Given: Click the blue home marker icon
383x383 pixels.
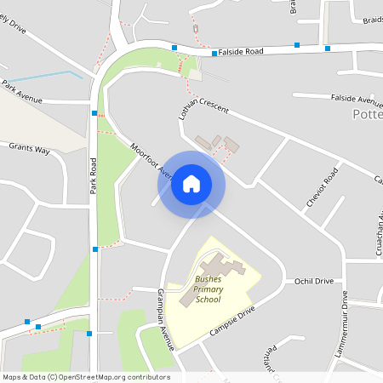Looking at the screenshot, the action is pyautogui.click(x=191, y=183).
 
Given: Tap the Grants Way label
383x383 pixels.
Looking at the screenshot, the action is pyautogui.click(x=30, y=149).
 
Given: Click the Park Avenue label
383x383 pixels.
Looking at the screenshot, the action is pyautogui.click(x=21, y=92).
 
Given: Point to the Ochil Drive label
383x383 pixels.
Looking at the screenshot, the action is pyautogui.click(x=314, y=280).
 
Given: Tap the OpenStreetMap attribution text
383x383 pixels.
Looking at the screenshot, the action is pyautogui.click(x=85, y=377).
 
